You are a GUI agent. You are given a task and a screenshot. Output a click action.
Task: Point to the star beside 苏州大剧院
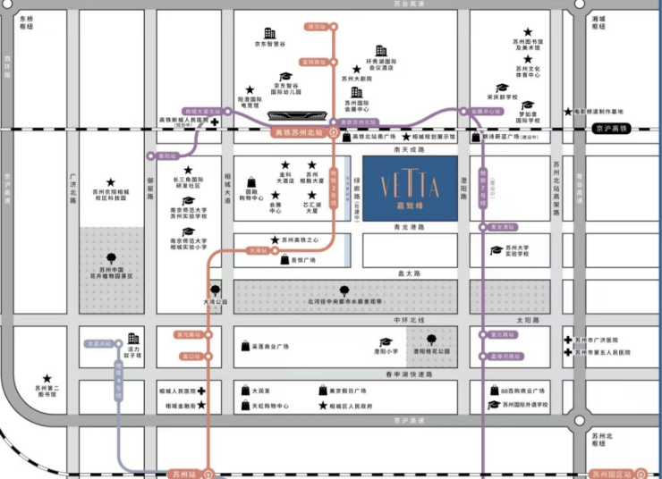tap(356, 69)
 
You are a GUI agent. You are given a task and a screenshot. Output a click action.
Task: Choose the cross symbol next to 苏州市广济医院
tap(567, 340)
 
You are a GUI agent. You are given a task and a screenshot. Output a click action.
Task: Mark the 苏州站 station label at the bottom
tap(183, 473)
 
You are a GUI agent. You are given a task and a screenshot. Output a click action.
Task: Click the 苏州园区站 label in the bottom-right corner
tap(611, 473)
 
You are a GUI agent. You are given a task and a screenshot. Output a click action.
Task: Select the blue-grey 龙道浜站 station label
tap(100, 342)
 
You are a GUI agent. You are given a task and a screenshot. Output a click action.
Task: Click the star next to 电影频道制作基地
tap(568, 112)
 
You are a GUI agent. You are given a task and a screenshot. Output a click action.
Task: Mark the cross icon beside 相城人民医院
tap(202, 391)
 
